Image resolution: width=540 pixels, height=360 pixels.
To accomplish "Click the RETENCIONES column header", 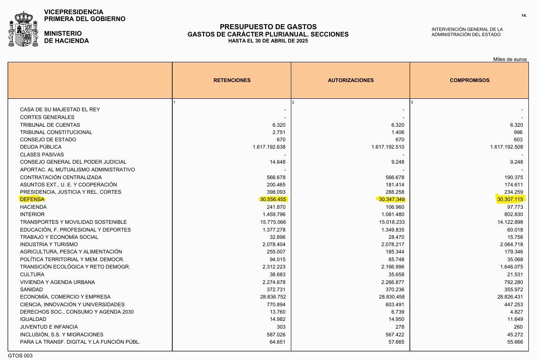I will click(232, 80).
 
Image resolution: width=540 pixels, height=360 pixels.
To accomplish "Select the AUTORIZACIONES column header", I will click(351, 80).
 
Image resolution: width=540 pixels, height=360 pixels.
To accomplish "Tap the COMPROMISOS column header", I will click(470, 80).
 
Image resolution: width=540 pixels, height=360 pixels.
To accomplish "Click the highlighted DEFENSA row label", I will click(32, 199).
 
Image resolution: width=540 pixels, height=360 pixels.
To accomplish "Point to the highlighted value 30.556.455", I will click(273, 199).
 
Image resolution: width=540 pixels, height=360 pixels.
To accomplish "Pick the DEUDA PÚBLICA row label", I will click(41, 147).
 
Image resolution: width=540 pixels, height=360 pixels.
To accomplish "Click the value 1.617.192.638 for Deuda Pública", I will click(269, 147).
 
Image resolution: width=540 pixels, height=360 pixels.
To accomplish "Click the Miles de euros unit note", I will click(510, 59).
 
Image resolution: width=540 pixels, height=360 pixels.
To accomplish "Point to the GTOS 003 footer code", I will click(20, 356).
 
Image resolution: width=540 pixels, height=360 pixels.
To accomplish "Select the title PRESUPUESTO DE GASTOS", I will click(268, 27).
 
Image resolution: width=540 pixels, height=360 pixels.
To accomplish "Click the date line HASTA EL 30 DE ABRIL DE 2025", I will click(268, 41).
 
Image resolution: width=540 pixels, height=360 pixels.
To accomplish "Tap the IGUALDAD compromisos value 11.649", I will click(515, 319).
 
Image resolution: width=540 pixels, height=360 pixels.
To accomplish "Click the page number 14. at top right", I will click(524, 15).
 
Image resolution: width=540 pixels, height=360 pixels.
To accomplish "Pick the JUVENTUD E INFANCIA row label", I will click(49, 327).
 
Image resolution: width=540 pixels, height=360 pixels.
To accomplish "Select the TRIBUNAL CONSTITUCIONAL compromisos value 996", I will click(518, 132).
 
